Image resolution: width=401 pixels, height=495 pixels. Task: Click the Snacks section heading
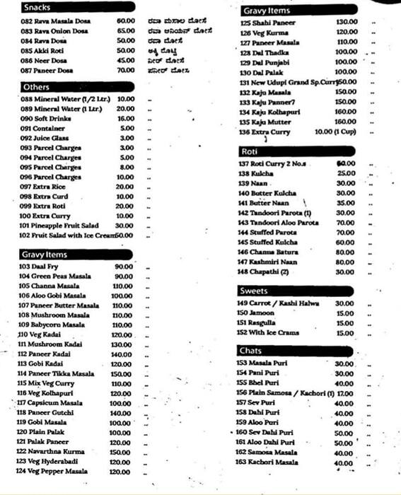[37, 8]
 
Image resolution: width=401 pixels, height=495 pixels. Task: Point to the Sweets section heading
[252, 291]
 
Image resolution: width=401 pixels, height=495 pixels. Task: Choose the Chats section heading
[250, 351]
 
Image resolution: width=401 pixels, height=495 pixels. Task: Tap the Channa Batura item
[267, 252]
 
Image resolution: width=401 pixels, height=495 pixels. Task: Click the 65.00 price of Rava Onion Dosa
[126, 31]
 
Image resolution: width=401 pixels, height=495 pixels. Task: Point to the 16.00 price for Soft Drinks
[126, 118]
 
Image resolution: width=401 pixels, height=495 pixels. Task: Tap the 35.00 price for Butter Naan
[346, 203]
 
